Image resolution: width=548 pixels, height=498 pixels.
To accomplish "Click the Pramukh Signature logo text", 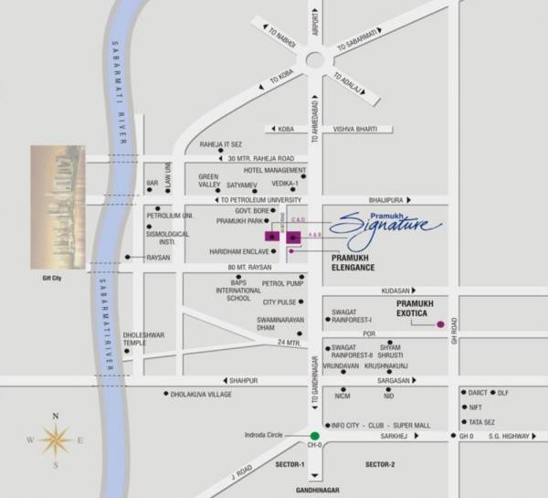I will (385, 223).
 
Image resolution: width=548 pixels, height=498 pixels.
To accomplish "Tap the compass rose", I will (56, 441).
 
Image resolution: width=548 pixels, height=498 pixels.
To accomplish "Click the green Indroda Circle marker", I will (315, 436).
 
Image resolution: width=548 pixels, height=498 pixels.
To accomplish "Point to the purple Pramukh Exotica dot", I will (440, 324).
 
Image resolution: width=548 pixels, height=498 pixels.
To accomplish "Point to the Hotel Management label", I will (274, 170).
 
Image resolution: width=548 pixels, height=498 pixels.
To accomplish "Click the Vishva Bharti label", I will (354, 130).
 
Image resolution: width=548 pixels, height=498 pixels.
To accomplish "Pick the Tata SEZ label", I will (480, 423).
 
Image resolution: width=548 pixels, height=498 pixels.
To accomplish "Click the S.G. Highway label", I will (509, 437).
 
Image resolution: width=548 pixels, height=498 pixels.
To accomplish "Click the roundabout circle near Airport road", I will (316, 60).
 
